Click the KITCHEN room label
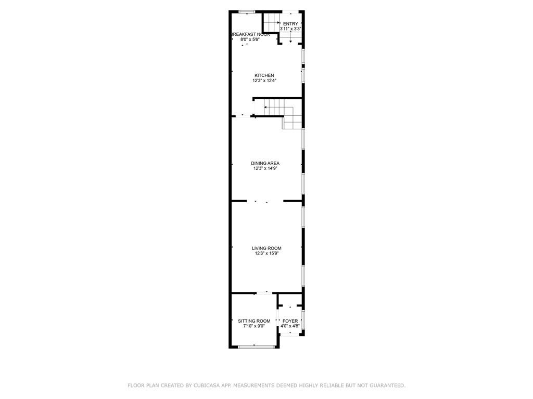click(264, 75)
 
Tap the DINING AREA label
click(265, 163)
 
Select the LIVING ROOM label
click(266, 248)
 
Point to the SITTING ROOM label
click(254, 321)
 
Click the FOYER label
click(290, 321)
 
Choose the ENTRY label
click(290, 24)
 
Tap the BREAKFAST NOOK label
click(250, 34)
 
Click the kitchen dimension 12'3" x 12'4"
click(264, 81)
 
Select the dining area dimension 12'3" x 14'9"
click(265, 168)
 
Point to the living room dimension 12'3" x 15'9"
click(266, 254)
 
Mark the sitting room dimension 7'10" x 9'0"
click(254, 326)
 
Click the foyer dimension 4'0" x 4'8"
click(290, 326)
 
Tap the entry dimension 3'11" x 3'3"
click(290, 29)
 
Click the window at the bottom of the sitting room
click(257, 347)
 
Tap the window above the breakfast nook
click(247, 12)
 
